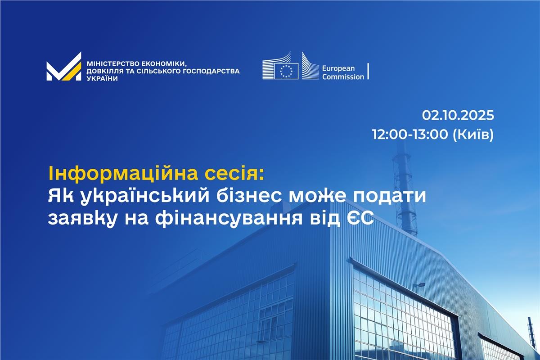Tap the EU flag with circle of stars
[x=286, y=71]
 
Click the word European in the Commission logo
[x=338, y=68]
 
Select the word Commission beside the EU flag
[x=343, y=76]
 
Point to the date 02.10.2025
[x=458, y=115]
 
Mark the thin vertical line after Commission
[x=369, y=71]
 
